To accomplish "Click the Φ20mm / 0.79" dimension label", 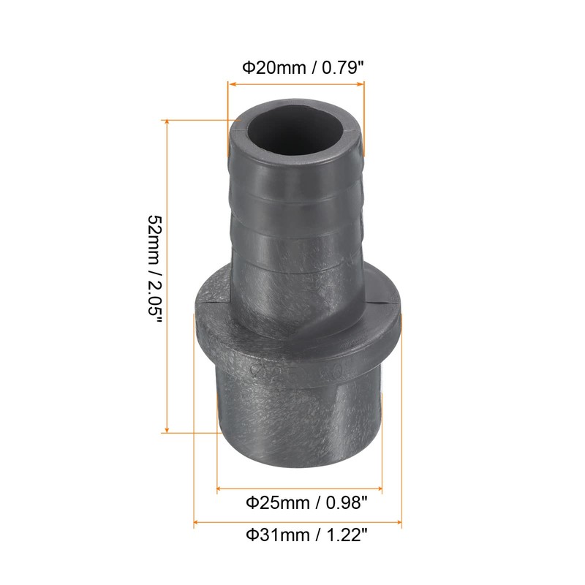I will pos(303,68).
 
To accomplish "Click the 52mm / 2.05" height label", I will pos(154,271).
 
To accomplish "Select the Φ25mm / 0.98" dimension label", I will pos(305,502).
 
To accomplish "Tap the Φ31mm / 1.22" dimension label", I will pos(305,537).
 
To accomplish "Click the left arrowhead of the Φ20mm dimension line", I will pos(233,84).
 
